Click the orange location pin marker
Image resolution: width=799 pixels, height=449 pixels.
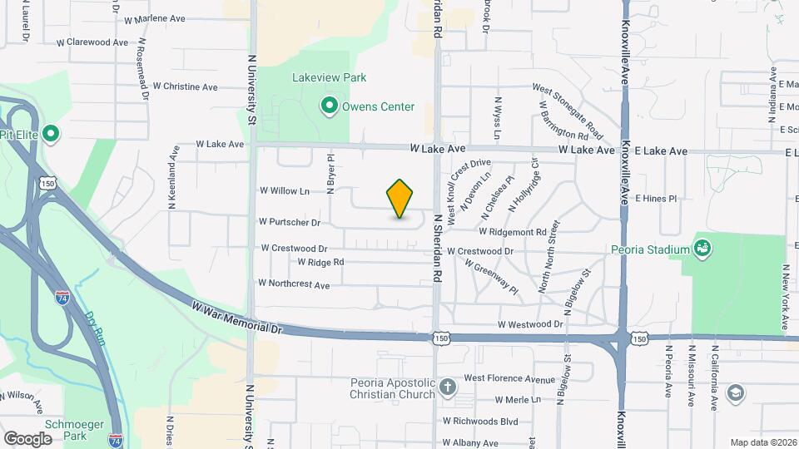tap(399, 198)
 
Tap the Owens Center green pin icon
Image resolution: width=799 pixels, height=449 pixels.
tap(330, 106)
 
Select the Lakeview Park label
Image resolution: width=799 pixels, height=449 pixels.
tap(329, 77)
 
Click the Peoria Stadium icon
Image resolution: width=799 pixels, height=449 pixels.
tap(702, 248)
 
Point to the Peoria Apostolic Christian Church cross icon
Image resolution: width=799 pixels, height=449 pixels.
tap(448, 387)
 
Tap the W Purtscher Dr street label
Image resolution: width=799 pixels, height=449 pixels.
tap(289, 222)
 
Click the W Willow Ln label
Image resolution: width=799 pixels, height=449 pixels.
tap(284, 191)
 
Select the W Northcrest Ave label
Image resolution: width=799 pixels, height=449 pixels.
tap(294, 284)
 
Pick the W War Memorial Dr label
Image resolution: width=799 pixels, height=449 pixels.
tap(236, 318)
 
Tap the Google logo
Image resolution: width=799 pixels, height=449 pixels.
tap(27, 438)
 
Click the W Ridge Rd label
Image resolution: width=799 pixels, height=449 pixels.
tap(320, 262)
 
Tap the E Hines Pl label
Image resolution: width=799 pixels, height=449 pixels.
tap(657, 199)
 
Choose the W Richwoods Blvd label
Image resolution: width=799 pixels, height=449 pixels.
tap(480, 422)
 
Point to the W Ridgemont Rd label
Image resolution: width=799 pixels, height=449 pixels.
tap(513, 232)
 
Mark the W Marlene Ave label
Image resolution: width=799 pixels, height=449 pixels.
tap(154, 18)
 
